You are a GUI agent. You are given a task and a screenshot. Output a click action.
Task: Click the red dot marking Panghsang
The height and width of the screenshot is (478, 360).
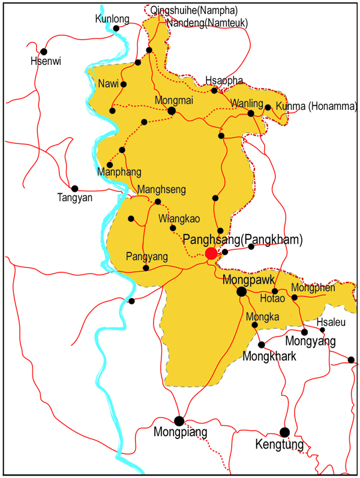click(211, 254)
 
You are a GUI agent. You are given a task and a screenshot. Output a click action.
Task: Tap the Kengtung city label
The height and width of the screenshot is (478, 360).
click(280, 445)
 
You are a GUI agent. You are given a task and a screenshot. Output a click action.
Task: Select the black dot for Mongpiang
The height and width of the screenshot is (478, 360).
click(179, 421)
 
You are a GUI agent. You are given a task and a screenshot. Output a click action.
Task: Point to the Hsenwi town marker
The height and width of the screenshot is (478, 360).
click(43, 51)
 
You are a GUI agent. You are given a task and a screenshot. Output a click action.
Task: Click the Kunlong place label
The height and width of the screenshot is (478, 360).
click(112, 19)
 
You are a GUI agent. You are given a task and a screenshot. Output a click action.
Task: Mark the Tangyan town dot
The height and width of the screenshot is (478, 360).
click(75, 188)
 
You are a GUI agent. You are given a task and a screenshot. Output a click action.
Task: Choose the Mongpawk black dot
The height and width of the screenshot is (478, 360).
click(241, 291)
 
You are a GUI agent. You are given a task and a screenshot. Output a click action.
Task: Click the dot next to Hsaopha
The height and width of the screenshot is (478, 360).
click(214, 91)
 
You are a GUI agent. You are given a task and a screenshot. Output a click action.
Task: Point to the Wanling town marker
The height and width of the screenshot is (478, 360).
click(251, 113)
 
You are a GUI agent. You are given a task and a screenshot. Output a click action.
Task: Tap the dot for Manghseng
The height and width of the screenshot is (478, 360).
click(158, 202)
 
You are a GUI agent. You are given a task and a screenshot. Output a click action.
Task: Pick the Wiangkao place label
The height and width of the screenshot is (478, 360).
click(179, 218)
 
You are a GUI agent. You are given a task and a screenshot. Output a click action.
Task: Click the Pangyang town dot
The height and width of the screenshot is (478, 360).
click(146, 267)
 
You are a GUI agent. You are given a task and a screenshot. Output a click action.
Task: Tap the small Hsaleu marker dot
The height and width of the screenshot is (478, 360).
click(322, 329)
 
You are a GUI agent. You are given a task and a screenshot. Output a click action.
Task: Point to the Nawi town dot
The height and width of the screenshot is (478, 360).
click(124, 84)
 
